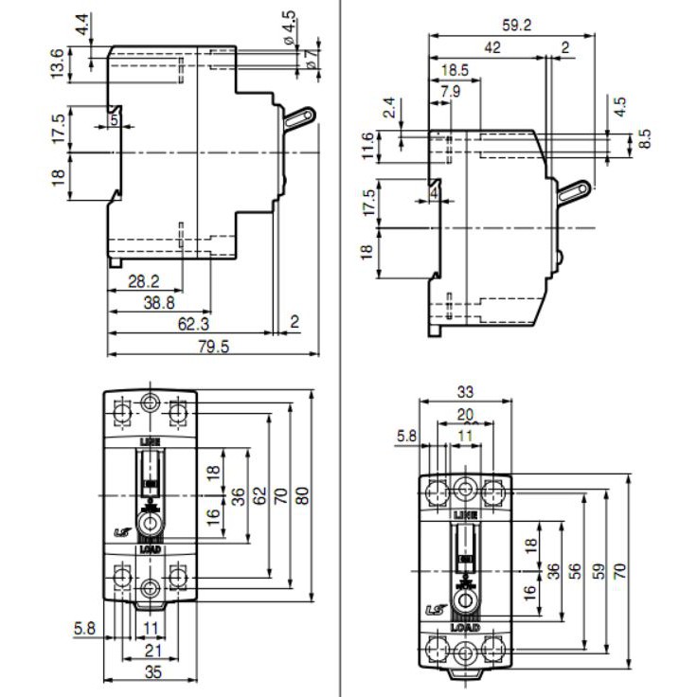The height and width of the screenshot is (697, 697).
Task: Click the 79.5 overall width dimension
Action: pyautogui.click(x=211, y=347)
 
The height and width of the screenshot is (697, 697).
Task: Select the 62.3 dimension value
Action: pyautogui.click(x=192, y=323)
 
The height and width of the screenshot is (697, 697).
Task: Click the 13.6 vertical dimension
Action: pyautogui.click(x=58, y=63)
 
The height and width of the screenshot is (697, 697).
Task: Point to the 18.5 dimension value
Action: pyautogui.click(x=456, y=70)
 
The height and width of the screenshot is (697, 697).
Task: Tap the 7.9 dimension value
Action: pyautogui.click(x=452, y=91)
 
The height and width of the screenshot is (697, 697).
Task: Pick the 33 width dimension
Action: pyautogui.click(x=465, y=391)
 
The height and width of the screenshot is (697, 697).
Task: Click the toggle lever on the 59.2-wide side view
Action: pyautogui.click(x=574, y=190)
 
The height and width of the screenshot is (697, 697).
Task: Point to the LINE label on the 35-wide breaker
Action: pyautogui.click(x=150, y=442)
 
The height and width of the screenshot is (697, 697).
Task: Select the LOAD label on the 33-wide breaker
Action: pyautogui.click(x=465, y=627)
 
